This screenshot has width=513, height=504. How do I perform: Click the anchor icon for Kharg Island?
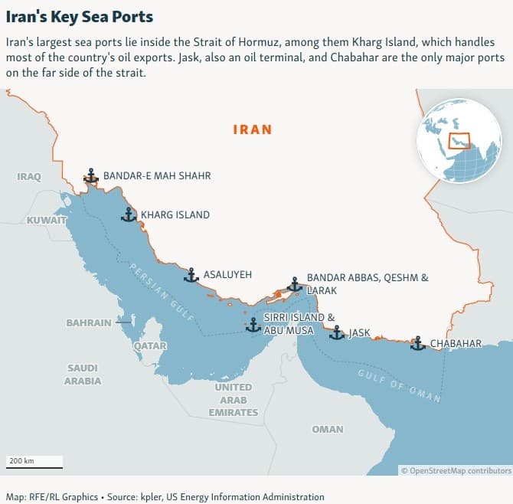pos(128,214)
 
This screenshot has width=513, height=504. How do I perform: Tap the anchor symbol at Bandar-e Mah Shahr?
pos(91,176)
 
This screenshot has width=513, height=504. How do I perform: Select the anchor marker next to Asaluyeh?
pos(191,274)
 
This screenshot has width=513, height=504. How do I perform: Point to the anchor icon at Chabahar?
pos(417,343)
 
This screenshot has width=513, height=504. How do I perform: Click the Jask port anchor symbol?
pos(336,332)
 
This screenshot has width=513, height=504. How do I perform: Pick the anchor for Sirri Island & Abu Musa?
pos(253,325)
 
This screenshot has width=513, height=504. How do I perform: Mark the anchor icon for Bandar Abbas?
pos(294,285)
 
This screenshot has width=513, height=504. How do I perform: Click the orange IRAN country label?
pos(252,129)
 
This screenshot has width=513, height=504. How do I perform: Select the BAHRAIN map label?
pos(89,322)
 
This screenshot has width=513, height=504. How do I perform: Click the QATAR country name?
pos(150,346)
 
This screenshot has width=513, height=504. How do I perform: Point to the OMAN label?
pos(328,429)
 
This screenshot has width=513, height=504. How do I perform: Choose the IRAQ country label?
pos(29,177)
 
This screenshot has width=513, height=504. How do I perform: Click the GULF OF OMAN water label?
pos(399,385)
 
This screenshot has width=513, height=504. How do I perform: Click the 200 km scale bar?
pos(34,463)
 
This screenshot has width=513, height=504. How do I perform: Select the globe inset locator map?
pos(458,140)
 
